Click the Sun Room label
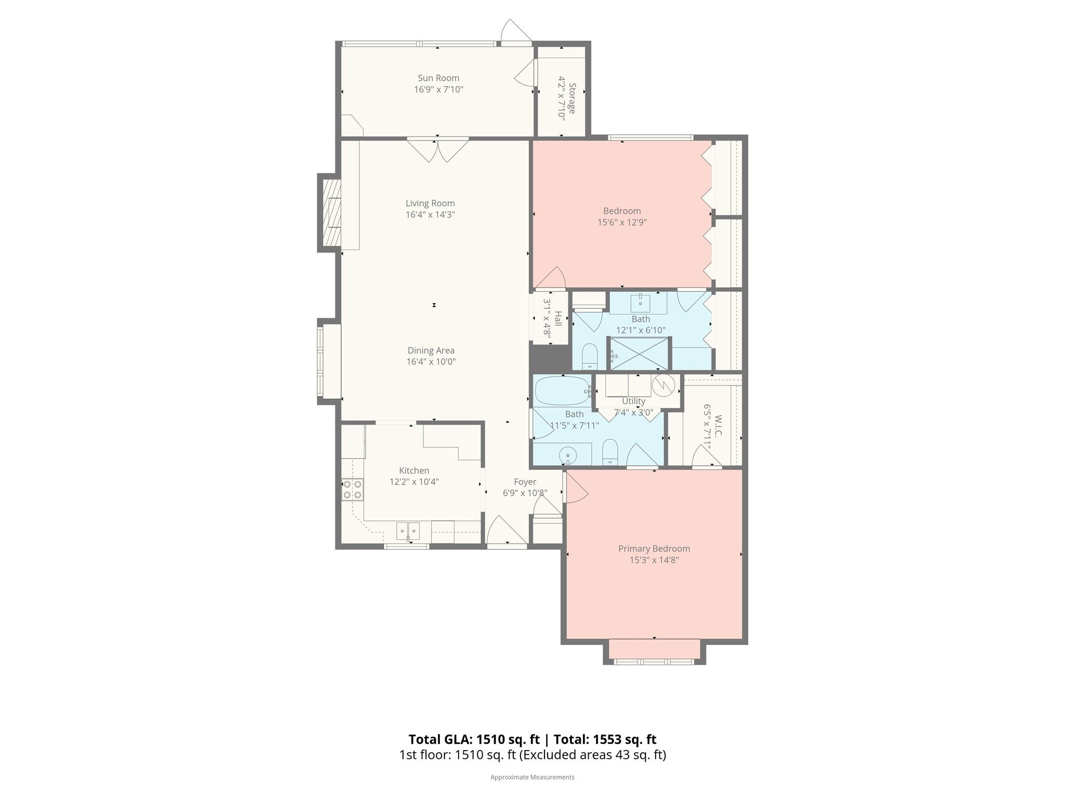(438, 78)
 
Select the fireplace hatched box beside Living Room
(331, 213)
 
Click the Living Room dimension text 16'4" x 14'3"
(430, 214)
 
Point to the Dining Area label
(431, 351)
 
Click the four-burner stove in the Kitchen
(352, 489)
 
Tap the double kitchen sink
(408, 531)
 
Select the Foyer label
(525, 482)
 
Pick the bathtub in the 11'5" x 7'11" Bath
(562, 391)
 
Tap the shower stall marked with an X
(639, 354)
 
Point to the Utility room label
(633, 401)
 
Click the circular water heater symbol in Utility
(664, 385)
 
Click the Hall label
(558, 318)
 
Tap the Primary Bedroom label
(654, 548)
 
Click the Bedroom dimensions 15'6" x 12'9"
(622, 222)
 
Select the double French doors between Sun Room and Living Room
(437, 150)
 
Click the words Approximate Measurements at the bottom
(532, 777)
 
